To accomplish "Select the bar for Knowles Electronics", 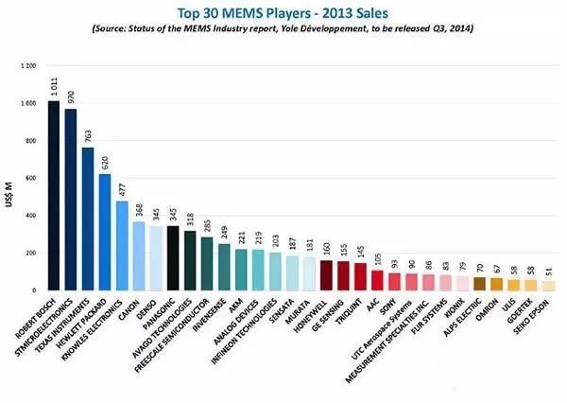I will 121,245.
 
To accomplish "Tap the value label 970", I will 71,95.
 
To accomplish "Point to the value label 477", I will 122,187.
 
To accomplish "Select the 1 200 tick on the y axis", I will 27,65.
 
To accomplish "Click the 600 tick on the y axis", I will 32,178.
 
